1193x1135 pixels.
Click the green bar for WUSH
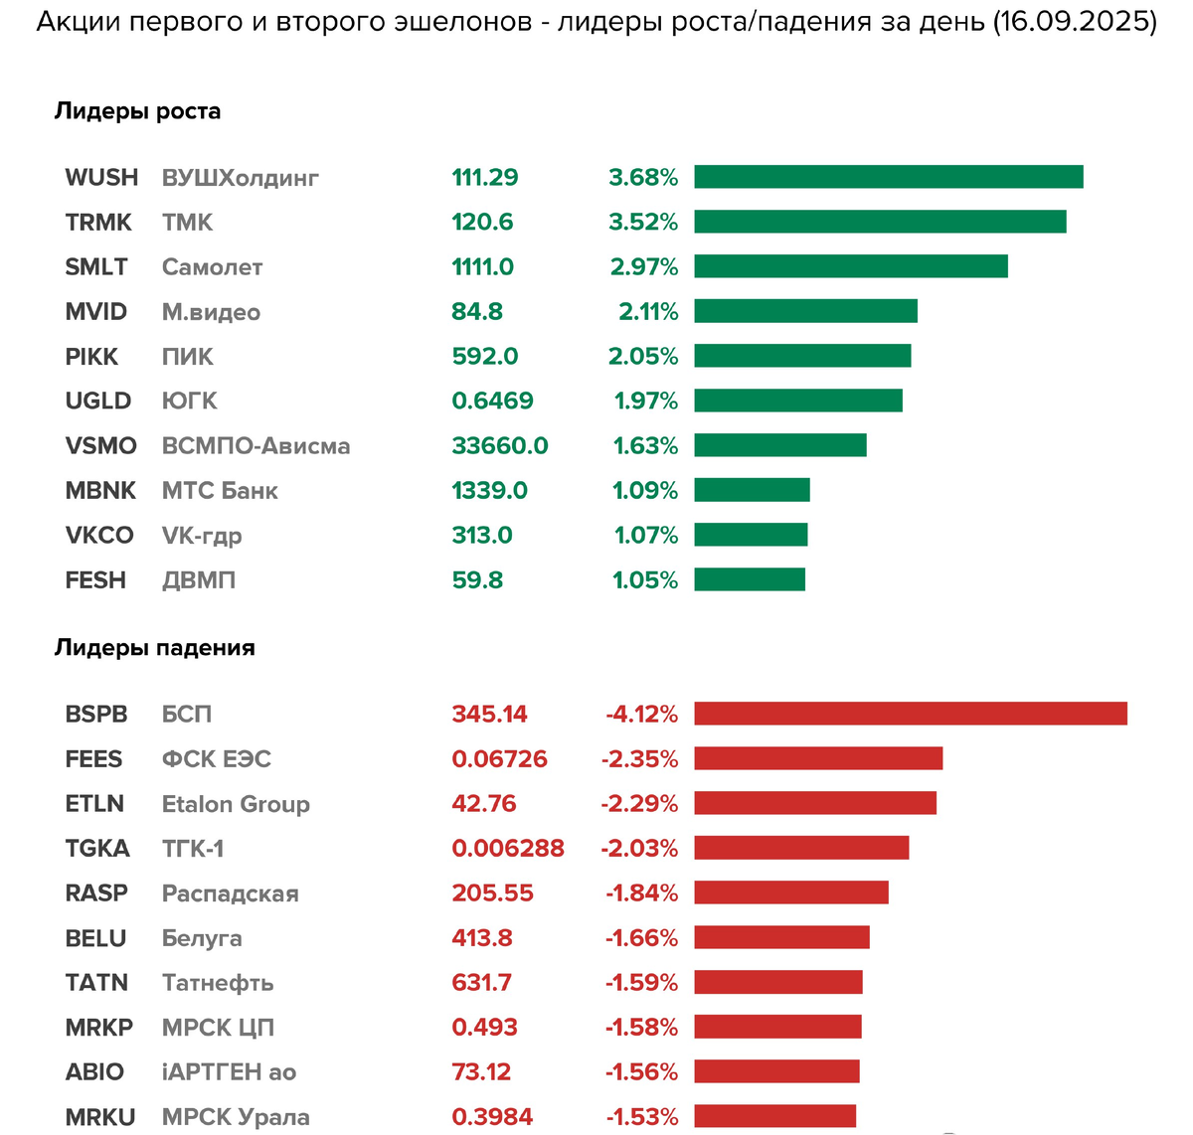pyautogui.click(x=888, y=177)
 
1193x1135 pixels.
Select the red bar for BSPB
pyautogui.click(x=910, y=714)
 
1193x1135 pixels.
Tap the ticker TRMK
pyautogui.click(x=98, y=223)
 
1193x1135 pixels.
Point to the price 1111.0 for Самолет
pyautogui.click(x=482, y=267)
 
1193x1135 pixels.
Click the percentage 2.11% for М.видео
pyautogui.click(x=648, y=312)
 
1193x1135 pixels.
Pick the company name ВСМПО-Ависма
pyautogui.click(x=256, y=446)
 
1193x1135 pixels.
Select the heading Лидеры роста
pyautogui.click(x=137, y=111)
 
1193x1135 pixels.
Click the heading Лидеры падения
pyautogui.click(x=154, y=648)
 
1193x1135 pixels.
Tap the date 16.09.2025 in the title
pyautogui.click(x=1074, y=22)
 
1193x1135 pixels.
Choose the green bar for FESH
pyautogui.click(x=750, y=579)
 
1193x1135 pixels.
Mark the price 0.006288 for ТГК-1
pyautogui.click(x=507, y=849)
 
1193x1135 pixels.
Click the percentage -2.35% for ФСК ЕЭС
pyautogui.click(x=639, y=759)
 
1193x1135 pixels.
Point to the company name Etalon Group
pyautogui.click(x=236, y=804)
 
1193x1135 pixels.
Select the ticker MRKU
pyautogui.click(x=99, y=1117)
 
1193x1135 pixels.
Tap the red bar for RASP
pyautogui.click(x=791, y=892)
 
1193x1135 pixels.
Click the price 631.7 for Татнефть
pyautogui.click(x=481, y=983)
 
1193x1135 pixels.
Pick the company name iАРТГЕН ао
pyautogui.click(x=229, y=1072)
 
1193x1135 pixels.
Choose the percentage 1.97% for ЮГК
pyautogui.click(x=645, y=402)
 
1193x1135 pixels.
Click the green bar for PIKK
pyautogui.click(x=802, y=356)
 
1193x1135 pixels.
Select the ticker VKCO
pyautogui.click(x=98, y=536)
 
